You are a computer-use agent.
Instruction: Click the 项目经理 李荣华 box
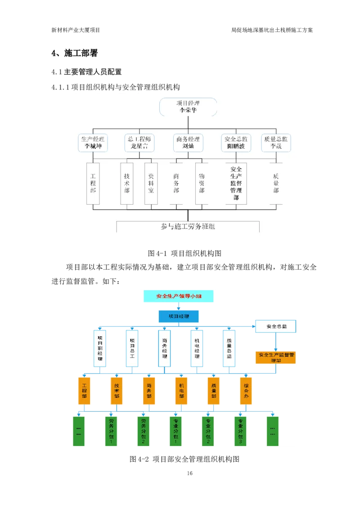click(188, 107)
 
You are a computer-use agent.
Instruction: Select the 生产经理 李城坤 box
click(92, 143)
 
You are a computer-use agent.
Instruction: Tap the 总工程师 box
click(139, 143)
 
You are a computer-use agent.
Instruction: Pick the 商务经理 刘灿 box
click(188, 143)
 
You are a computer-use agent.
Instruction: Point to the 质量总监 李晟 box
click(276, 143)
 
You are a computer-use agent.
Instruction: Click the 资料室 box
click(151, 183)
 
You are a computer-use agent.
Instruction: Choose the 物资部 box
click(202, 183)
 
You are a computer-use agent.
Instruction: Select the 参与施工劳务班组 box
click(188, 226)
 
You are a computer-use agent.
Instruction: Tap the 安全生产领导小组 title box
click(179, 296)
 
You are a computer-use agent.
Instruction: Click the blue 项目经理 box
click(179, 317)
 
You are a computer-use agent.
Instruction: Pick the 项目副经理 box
click(100, 348)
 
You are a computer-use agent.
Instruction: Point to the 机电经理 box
click(197, 348)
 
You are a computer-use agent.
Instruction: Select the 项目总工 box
click(132, 348)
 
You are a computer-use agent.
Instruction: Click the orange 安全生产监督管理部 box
click(276, 357)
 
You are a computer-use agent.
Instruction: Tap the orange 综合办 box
click(246, 390)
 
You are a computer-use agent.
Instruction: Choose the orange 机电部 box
click(181, 390)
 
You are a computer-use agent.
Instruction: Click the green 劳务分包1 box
click(111, 431)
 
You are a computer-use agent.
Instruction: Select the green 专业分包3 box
click(241, 431)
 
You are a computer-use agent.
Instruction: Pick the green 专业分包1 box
click(176, 431)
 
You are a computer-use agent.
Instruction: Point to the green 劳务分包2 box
click(144, 431)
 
